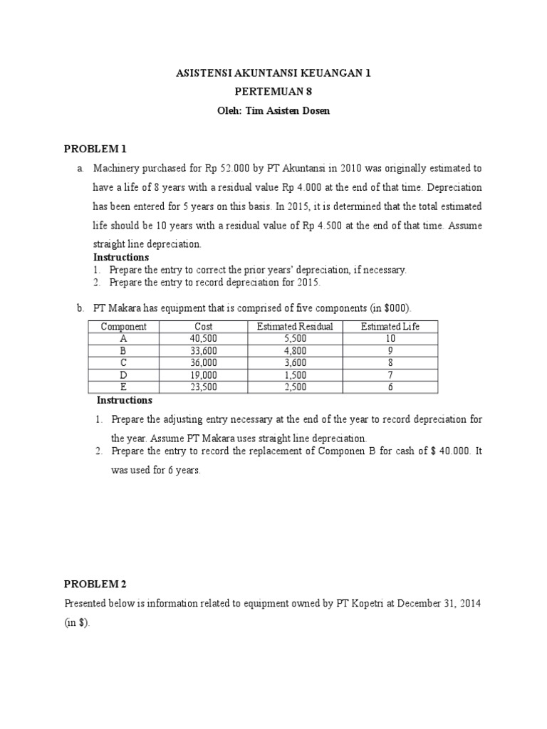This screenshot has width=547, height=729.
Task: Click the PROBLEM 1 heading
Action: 95,149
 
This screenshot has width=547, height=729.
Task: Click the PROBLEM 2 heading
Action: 95,584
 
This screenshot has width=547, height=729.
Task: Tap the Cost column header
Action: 204,327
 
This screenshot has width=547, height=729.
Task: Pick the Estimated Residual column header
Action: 295,327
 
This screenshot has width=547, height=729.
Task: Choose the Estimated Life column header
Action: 390,327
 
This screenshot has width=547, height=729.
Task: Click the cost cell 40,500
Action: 204,340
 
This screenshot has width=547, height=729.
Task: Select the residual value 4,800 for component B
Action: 295,352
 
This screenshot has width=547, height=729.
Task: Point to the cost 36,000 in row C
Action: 204,364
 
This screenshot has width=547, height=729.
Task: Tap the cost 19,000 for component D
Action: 204,376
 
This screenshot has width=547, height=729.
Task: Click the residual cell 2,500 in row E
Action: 295,388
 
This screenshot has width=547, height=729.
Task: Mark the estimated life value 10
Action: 390,340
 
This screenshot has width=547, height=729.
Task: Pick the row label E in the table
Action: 123,388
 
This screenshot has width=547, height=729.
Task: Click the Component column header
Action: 123,327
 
